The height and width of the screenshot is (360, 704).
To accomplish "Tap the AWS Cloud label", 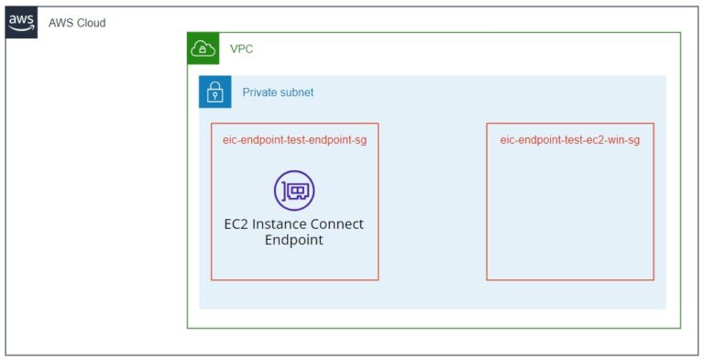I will [x=77, y=23].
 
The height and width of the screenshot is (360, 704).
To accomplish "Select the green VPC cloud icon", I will [x=203, y=49].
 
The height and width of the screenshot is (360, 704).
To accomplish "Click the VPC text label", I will [x=241, y=49].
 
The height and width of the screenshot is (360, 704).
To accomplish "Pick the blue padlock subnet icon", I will [x=215, y=92].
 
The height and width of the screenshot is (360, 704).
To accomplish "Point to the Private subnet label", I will [x=278, y=93].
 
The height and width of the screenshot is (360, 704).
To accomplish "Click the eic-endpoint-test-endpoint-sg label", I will [x=294, y=140].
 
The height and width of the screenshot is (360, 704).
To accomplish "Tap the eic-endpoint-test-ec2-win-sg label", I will [x=569, y=140].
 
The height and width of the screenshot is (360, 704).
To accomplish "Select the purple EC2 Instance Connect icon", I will [x=294, y=191].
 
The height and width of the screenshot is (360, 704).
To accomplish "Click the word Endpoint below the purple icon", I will [x=294, y=240].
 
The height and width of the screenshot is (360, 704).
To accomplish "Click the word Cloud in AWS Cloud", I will [x=90, y=23].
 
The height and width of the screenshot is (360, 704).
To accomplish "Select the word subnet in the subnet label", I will [x=297, y=93].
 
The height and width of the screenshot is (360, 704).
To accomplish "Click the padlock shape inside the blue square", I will [x=215, y=92].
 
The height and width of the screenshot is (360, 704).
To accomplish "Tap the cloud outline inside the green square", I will [x=203, y=49].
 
